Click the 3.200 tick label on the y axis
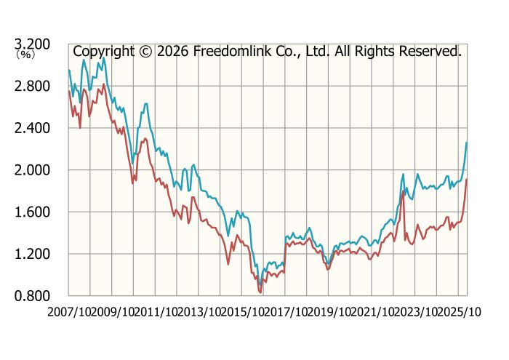34,44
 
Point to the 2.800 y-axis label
34,87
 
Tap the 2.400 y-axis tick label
34,128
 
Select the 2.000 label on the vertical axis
34,170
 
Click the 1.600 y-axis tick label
34,212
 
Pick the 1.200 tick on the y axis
34,254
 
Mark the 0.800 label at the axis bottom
34,296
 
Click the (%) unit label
25,55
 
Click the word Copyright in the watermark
104,52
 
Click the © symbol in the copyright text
145,52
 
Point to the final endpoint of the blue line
467,143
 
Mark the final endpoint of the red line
467,180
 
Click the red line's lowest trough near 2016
260,292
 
